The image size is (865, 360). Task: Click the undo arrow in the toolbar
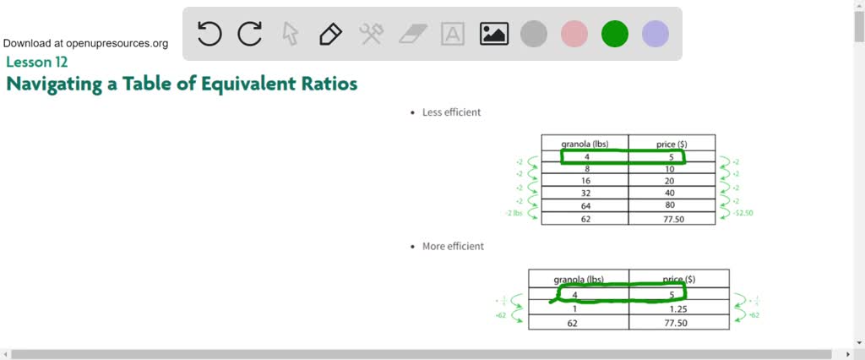pyautogui.click(x=209, y=34)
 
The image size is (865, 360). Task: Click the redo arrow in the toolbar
pyautogui.click(x=250, y=34)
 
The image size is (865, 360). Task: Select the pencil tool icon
pyautogui.click(x=330, y=34)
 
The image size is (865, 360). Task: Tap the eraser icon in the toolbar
pyautogui.click(x=412, y=34)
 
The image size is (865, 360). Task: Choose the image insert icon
pyautogui.click(x=493, y=34)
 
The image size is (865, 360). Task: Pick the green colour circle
pyautogui.click(x=615, y=34)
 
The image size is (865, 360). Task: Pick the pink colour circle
pyautogui.click(x=574, y=34)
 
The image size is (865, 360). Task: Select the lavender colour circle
pyautogui.click(x=656, y=34)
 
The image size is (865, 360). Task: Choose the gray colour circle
pyautogui.click(x=534, y=34)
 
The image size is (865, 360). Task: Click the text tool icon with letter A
pyautogui.click(x=453, y=34)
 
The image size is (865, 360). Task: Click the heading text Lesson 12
pyautogui.click(x=36, y=62)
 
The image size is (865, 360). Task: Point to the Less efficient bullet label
pyautogui.click(x=451, y=112)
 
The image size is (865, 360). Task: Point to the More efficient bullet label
pyautogui.click(x=453, y=246)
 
